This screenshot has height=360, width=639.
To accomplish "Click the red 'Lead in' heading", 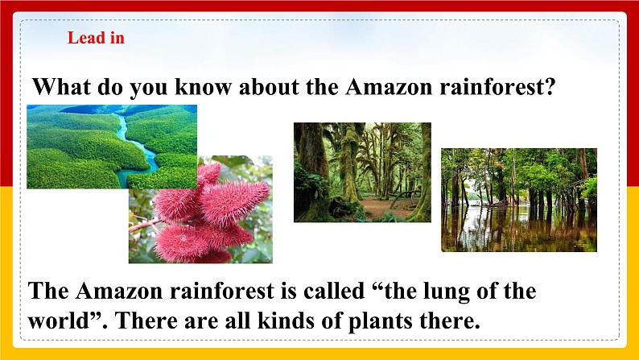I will coord(96,38).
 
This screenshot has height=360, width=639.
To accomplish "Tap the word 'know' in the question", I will coord(183,86).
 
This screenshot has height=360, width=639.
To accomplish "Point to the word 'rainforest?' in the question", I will coord(497,86).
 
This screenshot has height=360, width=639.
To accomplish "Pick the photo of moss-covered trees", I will coord(362,172).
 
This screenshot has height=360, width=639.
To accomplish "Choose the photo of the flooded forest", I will coord(518,199).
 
